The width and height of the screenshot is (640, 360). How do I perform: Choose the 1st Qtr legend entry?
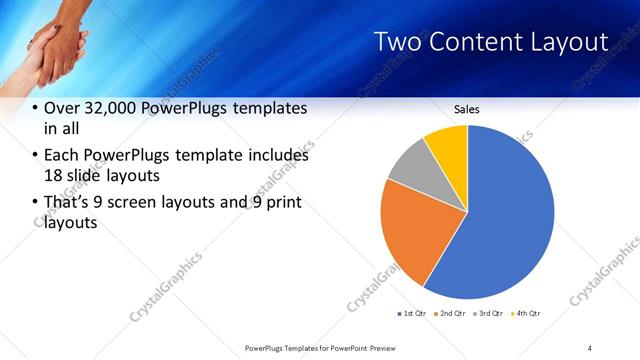click(x=412, y=314)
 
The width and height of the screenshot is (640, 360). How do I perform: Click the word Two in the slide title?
click(x=396, y=42)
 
